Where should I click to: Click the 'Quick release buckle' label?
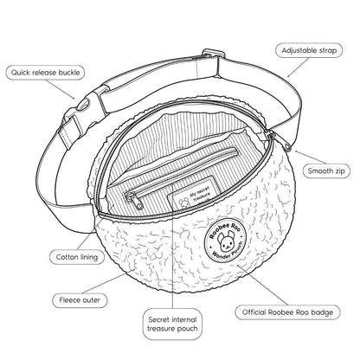(x=45, y=73)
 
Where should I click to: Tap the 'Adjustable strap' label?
(x=309, y=50)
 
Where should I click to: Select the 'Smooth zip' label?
(x=326, y=170)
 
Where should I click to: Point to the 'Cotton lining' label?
(x=77, y=257)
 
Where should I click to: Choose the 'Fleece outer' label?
(x=80, y=300)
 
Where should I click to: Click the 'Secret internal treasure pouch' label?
(x=172, y=324)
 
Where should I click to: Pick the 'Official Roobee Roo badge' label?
(x=287, y=312)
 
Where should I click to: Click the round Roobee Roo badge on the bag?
(x=226, y=241)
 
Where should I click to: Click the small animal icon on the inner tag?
(x=183, y=203)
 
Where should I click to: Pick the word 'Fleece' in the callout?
(x=69, y=300)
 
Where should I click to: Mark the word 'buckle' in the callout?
(x=69, y=73)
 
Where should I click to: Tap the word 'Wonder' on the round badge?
(x=220, y=255)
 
